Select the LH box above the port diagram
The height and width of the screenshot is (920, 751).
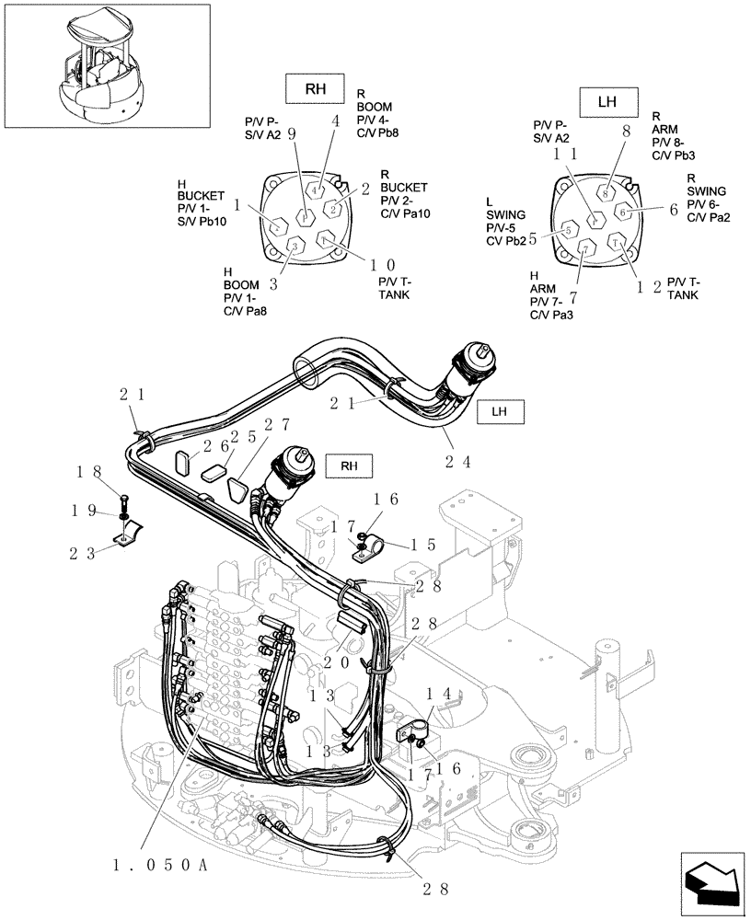click(x=607, y=102)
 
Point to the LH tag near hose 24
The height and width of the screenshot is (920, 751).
click(x=500, y=411)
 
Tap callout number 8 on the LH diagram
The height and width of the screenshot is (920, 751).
click(x=626, y=132)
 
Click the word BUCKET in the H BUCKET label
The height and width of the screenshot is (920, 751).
click(x=199, y=196)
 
